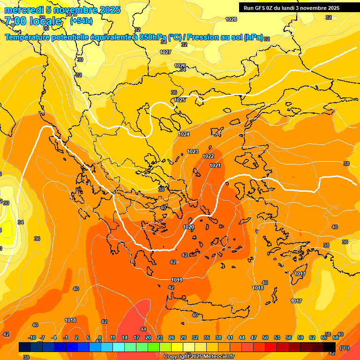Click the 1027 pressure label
click(165, 52)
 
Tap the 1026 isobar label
click(180, 66)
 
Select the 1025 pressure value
click(180, 100)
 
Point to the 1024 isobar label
click(184, 135)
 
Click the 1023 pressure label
click(193, 151)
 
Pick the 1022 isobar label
click(208, 156)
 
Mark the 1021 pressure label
click(215, 165)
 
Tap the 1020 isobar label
click(188, 227)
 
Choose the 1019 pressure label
click(177, 280)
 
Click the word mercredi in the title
click(24, 10)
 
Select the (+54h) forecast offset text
click(81, 21)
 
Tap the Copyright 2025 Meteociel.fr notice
click(199, 356)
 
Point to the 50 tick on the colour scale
click(265, 337)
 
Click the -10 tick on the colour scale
click(32, 337)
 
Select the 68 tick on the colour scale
click(336, 337)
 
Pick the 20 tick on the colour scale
click(148, 337)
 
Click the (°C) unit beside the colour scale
click(345, 347)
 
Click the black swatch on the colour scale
click(330, 347)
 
